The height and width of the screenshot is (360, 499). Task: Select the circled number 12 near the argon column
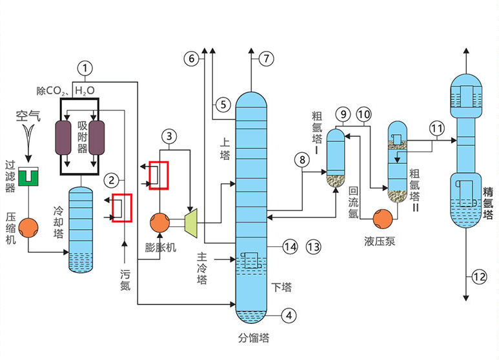coord(478,277)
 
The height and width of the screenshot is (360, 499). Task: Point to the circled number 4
coord(290,315)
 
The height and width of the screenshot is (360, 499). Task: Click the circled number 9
coord(343,114)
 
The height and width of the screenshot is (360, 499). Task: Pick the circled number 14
coord(290,246)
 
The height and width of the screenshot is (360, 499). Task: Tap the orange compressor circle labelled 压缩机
coord(28,226)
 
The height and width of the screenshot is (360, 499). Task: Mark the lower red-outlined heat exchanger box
coord(122,208)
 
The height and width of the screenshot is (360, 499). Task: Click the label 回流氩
coord(353,202)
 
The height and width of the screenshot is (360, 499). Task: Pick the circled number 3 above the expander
coord(168,136)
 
